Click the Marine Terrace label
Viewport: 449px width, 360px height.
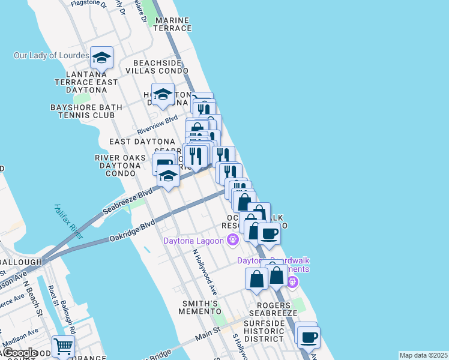pyautogui.click(x=172, y=24)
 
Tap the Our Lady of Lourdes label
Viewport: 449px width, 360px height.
pyautogui.click(x=52, y=56)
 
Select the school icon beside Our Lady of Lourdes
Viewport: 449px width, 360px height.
pyautogui.click(x=102, y=58)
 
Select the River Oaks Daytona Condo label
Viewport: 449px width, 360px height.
pyautogui.click(x=120, y=166)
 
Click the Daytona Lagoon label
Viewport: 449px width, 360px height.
pyautogui.click(x=193, y=241)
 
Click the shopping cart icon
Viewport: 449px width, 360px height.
pyautogui.click(x=62, y=346)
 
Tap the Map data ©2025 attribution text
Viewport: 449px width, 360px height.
pyautogui.click(x=423, y=355)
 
